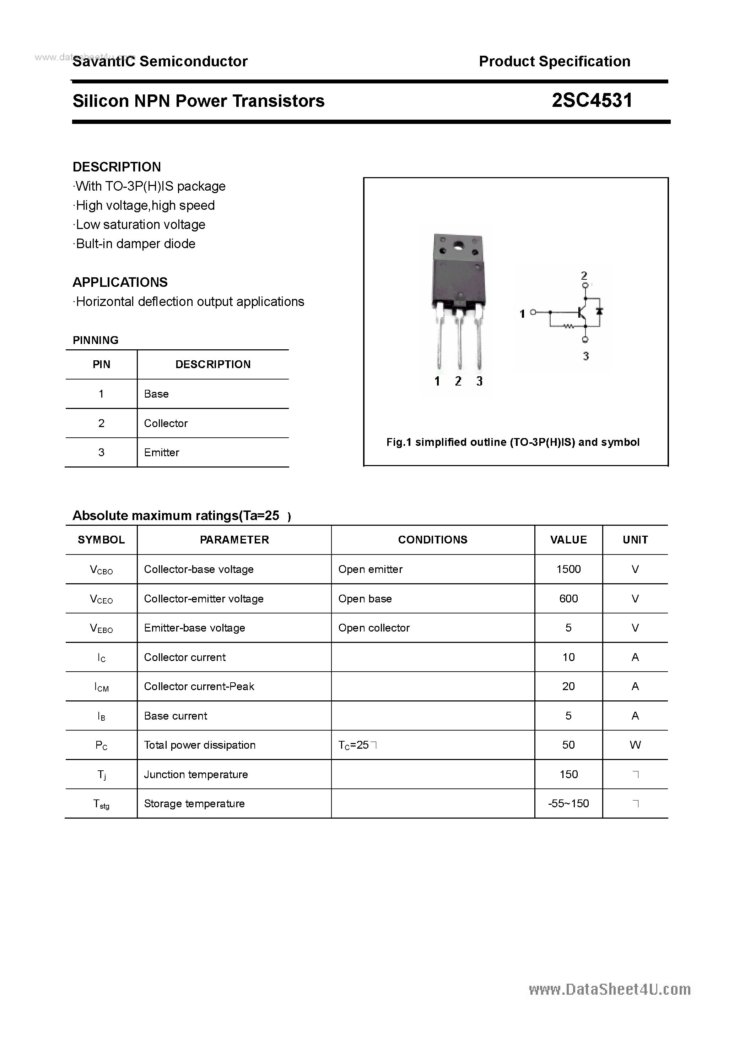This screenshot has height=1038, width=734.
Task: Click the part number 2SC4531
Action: tap(592, 100)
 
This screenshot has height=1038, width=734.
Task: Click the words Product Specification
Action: tap(554, 61)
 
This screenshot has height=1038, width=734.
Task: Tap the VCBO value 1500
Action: tap(568, 569)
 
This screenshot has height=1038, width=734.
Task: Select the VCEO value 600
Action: tap(568, 599)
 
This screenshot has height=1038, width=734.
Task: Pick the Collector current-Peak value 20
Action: tap(568, 686)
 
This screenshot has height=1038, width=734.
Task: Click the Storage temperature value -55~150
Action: tap(568, 803)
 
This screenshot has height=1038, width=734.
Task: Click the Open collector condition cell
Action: tap(374, 628)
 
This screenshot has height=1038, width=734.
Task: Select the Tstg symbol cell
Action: tap(101, 804)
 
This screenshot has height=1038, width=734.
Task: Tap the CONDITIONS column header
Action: tap(433, 540)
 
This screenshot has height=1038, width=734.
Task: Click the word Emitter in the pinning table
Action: tap(162, 453)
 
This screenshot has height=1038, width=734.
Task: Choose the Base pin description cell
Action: tap(156, 394)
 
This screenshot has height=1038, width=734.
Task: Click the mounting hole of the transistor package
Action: tap(458, 246)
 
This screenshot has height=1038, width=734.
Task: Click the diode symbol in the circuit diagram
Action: tap(600, 311)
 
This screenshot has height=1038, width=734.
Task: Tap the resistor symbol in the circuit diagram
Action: tap(568, 326)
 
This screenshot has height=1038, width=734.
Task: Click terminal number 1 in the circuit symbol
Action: tap(522, 313)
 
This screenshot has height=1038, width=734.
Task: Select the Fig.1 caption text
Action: tap(513, 442)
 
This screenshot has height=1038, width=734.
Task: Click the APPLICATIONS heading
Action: tap(120, 283)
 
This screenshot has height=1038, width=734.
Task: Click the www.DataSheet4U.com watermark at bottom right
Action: tap(610, 990)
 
